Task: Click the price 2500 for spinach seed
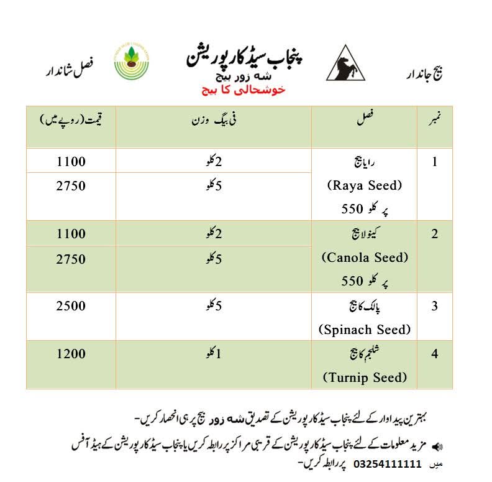click(71, 307)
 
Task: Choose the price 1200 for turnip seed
click(71, 354)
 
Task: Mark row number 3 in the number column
click(435, 307)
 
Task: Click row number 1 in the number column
click(435, 162)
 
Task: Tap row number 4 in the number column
click(435, 354)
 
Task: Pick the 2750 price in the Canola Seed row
click(71, 259)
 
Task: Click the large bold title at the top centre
click(247, 57)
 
